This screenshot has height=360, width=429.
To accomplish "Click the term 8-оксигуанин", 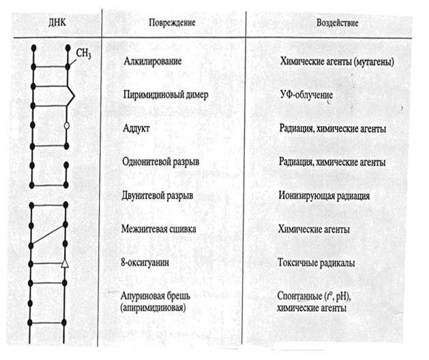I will [145, 261].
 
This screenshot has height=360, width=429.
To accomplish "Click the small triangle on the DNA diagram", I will [65, 263].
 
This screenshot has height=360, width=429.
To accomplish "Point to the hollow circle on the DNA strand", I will [66, 126].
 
